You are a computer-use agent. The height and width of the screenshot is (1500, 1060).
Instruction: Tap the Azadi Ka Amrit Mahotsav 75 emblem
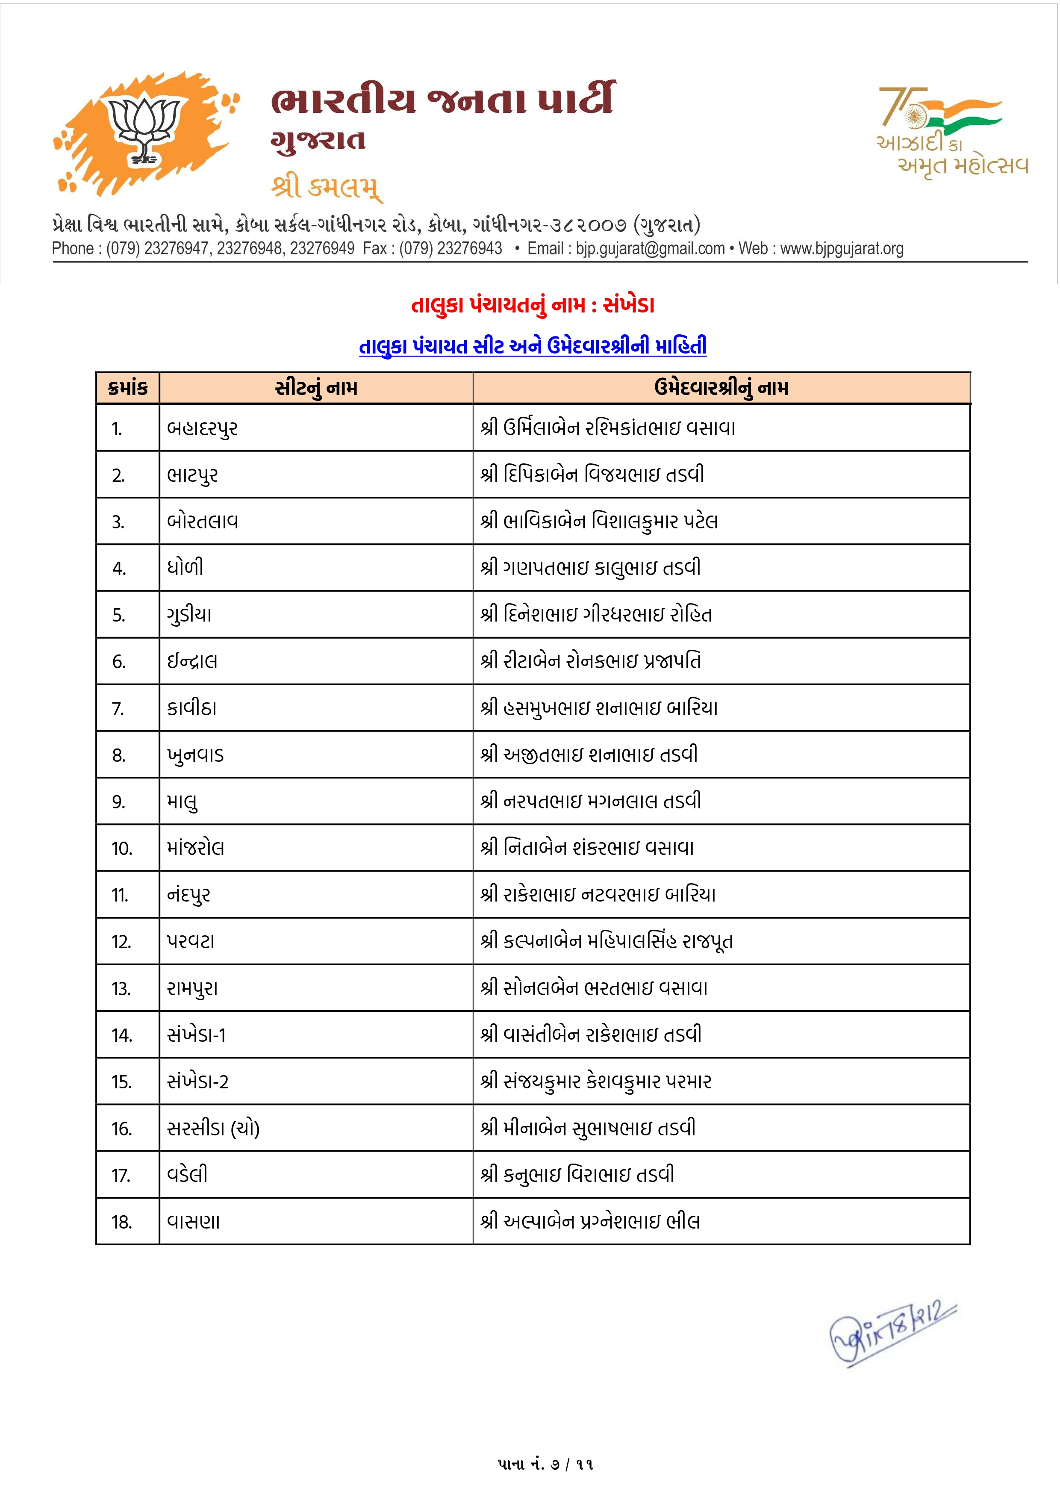coord(950,131)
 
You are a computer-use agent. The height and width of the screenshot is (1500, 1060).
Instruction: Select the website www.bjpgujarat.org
coord(842,249)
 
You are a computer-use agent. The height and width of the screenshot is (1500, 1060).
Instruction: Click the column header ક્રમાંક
coord(128,388)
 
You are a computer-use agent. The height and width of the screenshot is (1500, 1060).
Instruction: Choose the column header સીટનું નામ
coord(316,388)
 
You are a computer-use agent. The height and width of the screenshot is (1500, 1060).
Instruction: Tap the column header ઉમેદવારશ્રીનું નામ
coord(721,388)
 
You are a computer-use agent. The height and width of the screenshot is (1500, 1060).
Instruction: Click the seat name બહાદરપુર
coord(203,429)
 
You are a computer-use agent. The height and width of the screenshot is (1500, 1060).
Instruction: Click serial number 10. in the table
coord(122,849)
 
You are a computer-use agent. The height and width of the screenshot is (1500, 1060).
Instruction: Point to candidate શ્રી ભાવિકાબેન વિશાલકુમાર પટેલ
coord(599,522)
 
